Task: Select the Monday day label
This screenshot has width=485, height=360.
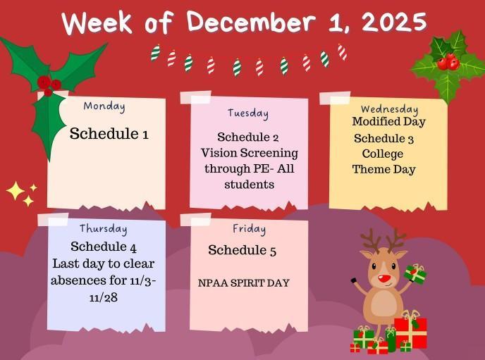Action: pos(104,106)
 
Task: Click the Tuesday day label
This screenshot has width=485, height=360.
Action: pos(247,113)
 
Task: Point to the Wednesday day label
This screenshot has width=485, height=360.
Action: pos(389,109)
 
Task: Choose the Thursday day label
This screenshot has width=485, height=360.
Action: pos(103,228)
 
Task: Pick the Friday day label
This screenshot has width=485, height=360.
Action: pos(249,229)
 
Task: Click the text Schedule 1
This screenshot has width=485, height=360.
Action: pos(109,134)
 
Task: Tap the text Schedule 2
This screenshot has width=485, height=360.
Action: pos(248,137)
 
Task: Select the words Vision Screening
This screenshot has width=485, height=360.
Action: pos(249,153)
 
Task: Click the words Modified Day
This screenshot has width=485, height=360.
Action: pos(388,122)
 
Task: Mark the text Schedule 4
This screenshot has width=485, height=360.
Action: pos(104,247)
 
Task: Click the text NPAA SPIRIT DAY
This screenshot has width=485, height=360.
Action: pos(244,283)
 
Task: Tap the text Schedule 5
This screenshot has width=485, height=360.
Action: pos(242,251)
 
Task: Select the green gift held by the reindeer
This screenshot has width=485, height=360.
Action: pos(415,274)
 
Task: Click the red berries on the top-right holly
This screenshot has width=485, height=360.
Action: pos(448,63)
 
